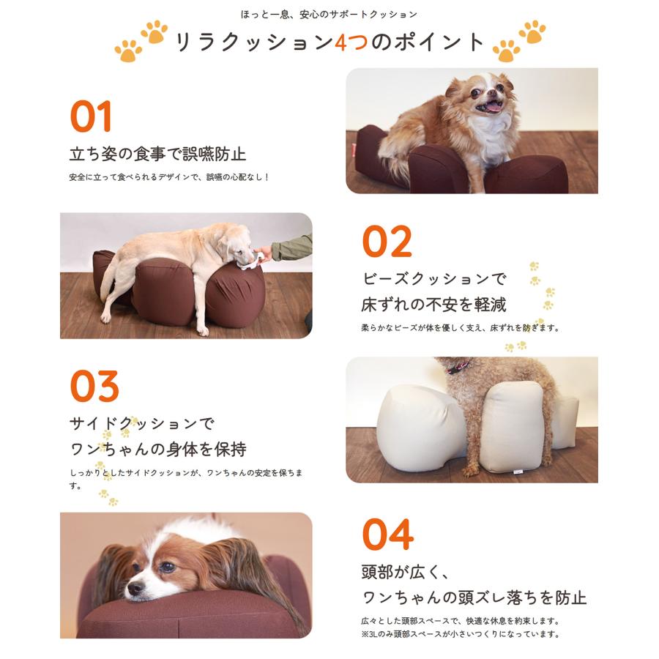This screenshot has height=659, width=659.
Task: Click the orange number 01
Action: point(91,116)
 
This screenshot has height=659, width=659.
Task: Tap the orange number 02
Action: point(387,242)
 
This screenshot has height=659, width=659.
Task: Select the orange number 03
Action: point(94,387)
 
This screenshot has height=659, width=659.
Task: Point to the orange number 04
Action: point(387,535)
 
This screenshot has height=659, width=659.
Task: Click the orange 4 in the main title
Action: point(341,42)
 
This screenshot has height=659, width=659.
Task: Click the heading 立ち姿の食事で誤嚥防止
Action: point(157,154)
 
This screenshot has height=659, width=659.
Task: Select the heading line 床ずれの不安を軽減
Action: point(433,304)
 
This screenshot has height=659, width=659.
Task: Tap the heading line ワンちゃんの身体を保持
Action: point(157,449)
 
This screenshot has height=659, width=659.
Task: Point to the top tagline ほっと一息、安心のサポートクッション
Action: point(329,14)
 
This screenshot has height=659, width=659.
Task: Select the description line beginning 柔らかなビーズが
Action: point(460,328)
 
